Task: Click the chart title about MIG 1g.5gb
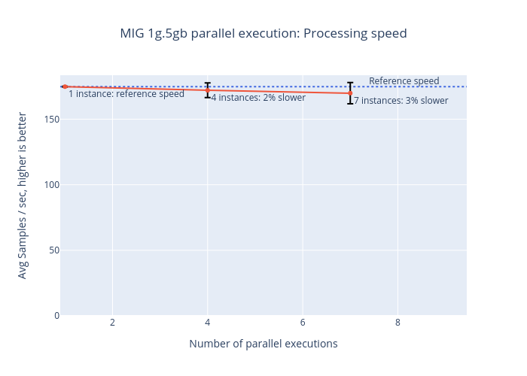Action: coord(263,34)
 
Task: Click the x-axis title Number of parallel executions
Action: coord(263,344)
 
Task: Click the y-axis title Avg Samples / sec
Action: coord(23,196)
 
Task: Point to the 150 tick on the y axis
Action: coord(51,119)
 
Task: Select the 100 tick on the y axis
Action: coord(51,184)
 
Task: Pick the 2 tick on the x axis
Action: coord(112,323)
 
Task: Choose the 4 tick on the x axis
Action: coord(208,323)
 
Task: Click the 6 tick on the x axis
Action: coord(303,323)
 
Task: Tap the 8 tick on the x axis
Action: coord(398,323)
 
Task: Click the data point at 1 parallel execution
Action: coord(65,86)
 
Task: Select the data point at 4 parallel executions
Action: coord(208,90)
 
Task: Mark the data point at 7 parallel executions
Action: coord(350,93)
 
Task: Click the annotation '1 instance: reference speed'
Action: coord(126,94)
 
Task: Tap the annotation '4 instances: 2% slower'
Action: coord(258,98)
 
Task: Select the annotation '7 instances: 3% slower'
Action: coord(401,101)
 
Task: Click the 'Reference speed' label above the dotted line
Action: coord(404,81)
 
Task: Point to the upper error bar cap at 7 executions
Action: coord(350,83)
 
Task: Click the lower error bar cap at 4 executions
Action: coord(208,98)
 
